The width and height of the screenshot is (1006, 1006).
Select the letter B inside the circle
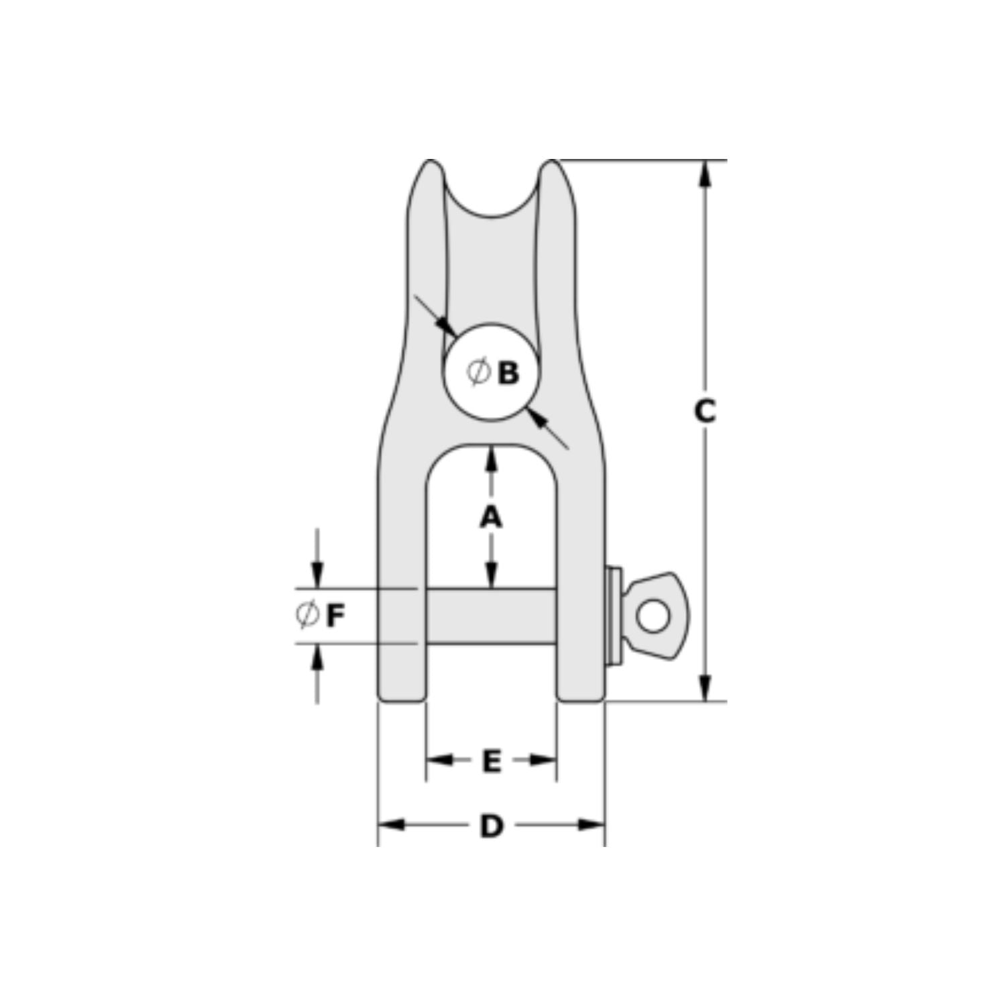tap(508, 373)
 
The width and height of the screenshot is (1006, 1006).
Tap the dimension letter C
tap(704, 412)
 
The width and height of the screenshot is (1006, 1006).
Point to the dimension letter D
tap(491, 826)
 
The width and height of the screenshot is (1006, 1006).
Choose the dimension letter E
tap(491, 761)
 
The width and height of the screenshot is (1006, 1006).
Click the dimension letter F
tap(335, 616)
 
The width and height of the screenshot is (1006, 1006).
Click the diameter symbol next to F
tap(307, 615)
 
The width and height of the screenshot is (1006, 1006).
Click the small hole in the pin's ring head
tap(653, 617)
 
